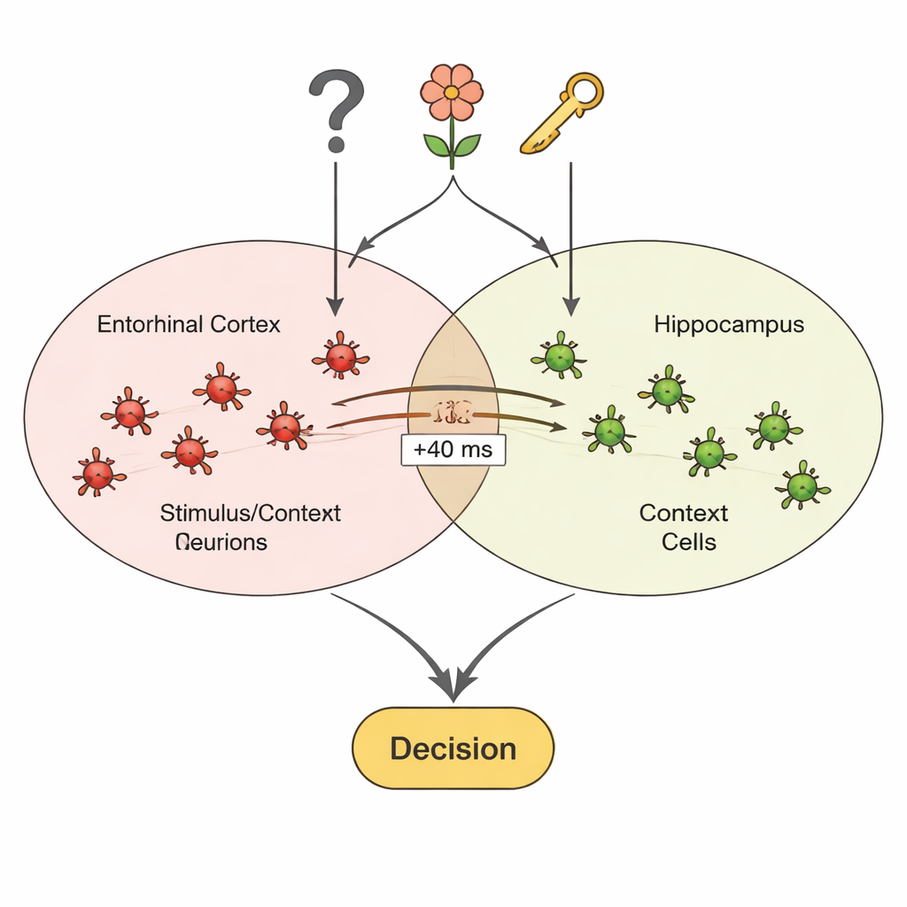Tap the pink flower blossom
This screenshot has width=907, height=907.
click(x=452, y=92)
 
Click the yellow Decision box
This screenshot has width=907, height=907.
click(x=453, y=748)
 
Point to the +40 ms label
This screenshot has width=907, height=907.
click(x=453, y=450)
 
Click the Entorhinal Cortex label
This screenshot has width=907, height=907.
click(x=189, y=324)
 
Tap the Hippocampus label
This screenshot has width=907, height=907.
click(x=729, y=324)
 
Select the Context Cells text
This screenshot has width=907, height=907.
click(x=683, y=526)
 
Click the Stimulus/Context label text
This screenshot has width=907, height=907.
click(x=251, y=513)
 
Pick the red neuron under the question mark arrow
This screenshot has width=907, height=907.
click(x=340, y=357)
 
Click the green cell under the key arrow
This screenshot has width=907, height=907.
click(x=560, y=358)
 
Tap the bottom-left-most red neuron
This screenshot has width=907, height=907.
click(x=97, y=474)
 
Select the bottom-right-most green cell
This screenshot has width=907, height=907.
click(x=802, y=485)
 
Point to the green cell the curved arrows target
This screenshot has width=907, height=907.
click(x=609, y=431)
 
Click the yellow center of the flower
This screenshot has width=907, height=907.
click(x=452, y=92)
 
